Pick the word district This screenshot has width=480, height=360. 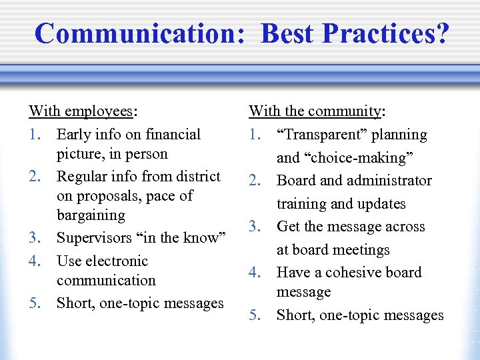(x=197, y=177)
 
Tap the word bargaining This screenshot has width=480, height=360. (x=91, y=215)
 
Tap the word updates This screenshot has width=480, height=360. (x=381, y=204)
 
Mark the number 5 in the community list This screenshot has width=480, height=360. (x=253, y=315)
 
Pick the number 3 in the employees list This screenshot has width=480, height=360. (x=33, y=238)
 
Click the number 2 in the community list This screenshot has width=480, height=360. (x=253, y=181)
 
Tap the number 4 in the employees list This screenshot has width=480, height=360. (x=33, y=261)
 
